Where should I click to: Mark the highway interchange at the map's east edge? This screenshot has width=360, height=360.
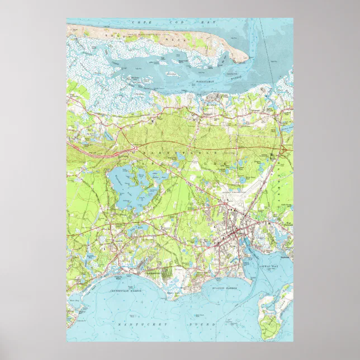283,150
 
